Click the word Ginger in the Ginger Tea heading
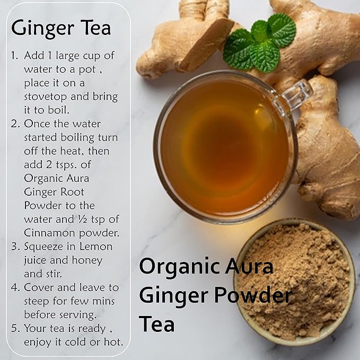pos(42,29)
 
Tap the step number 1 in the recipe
pos(14,55)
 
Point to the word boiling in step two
pos(77,138)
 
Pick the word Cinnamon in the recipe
pos(49,233)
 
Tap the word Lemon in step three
pos(96,247)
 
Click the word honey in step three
pos(87,260)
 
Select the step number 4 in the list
pos(15,287)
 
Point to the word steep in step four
pos(37,302)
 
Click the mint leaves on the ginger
pos(259,42)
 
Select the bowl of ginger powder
pos(294,282)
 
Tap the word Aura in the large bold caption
pos(249,266)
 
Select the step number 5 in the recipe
pos(15,328)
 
